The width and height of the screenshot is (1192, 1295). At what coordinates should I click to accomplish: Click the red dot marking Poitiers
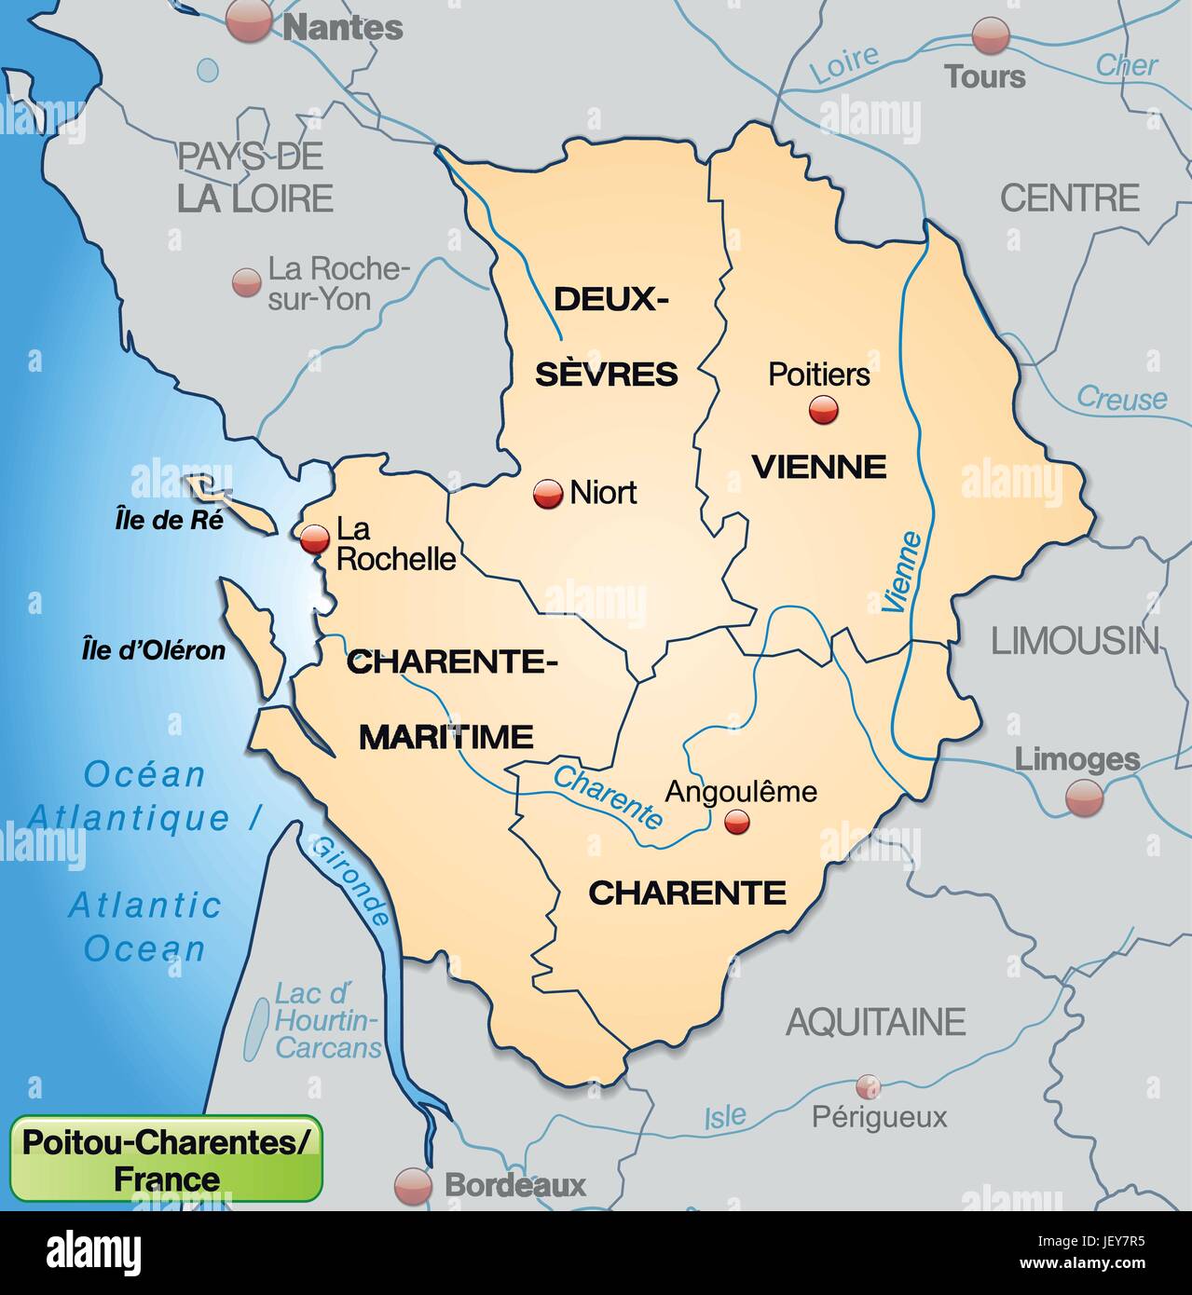(x=822, y=409)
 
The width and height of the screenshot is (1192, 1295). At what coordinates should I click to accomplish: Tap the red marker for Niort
(x=547, y=494)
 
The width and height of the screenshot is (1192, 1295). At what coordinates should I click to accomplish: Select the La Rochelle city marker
(x=315, y=538)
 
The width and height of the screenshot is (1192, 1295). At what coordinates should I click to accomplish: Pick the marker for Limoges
(x=1084, y=797)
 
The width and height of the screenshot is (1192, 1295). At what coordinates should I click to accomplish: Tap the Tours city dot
(x=990, y=36)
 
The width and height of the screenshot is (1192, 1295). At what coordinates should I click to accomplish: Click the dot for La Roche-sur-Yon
(x=246, y=281)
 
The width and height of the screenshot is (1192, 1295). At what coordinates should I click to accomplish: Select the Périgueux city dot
(x=868, y=1085)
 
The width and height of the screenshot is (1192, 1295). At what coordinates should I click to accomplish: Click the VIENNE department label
(x=818, y=466)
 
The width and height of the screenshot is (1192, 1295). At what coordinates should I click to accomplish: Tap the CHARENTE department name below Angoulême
(x=687, y=893)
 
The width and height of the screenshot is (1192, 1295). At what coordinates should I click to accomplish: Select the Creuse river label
(x=1121, y=399)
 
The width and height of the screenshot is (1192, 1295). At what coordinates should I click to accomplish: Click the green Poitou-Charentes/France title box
(x=166, y=1158)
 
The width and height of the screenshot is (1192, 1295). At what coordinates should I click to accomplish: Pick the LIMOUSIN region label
(x=1074, y=641)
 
